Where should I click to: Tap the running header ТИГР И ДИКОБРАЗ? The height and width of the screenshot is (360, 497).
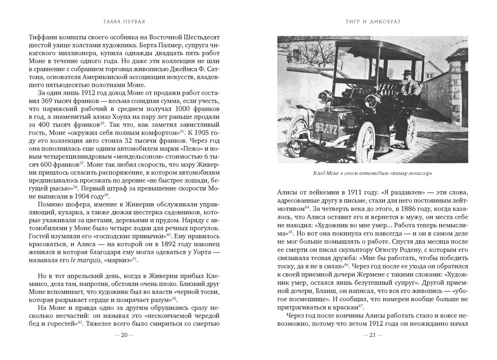pos(372,21)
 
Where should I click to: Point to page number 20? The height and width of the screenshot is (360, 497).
pos(124,335)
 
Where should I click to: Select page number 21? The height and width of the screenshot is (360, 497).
pos(372,335)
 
